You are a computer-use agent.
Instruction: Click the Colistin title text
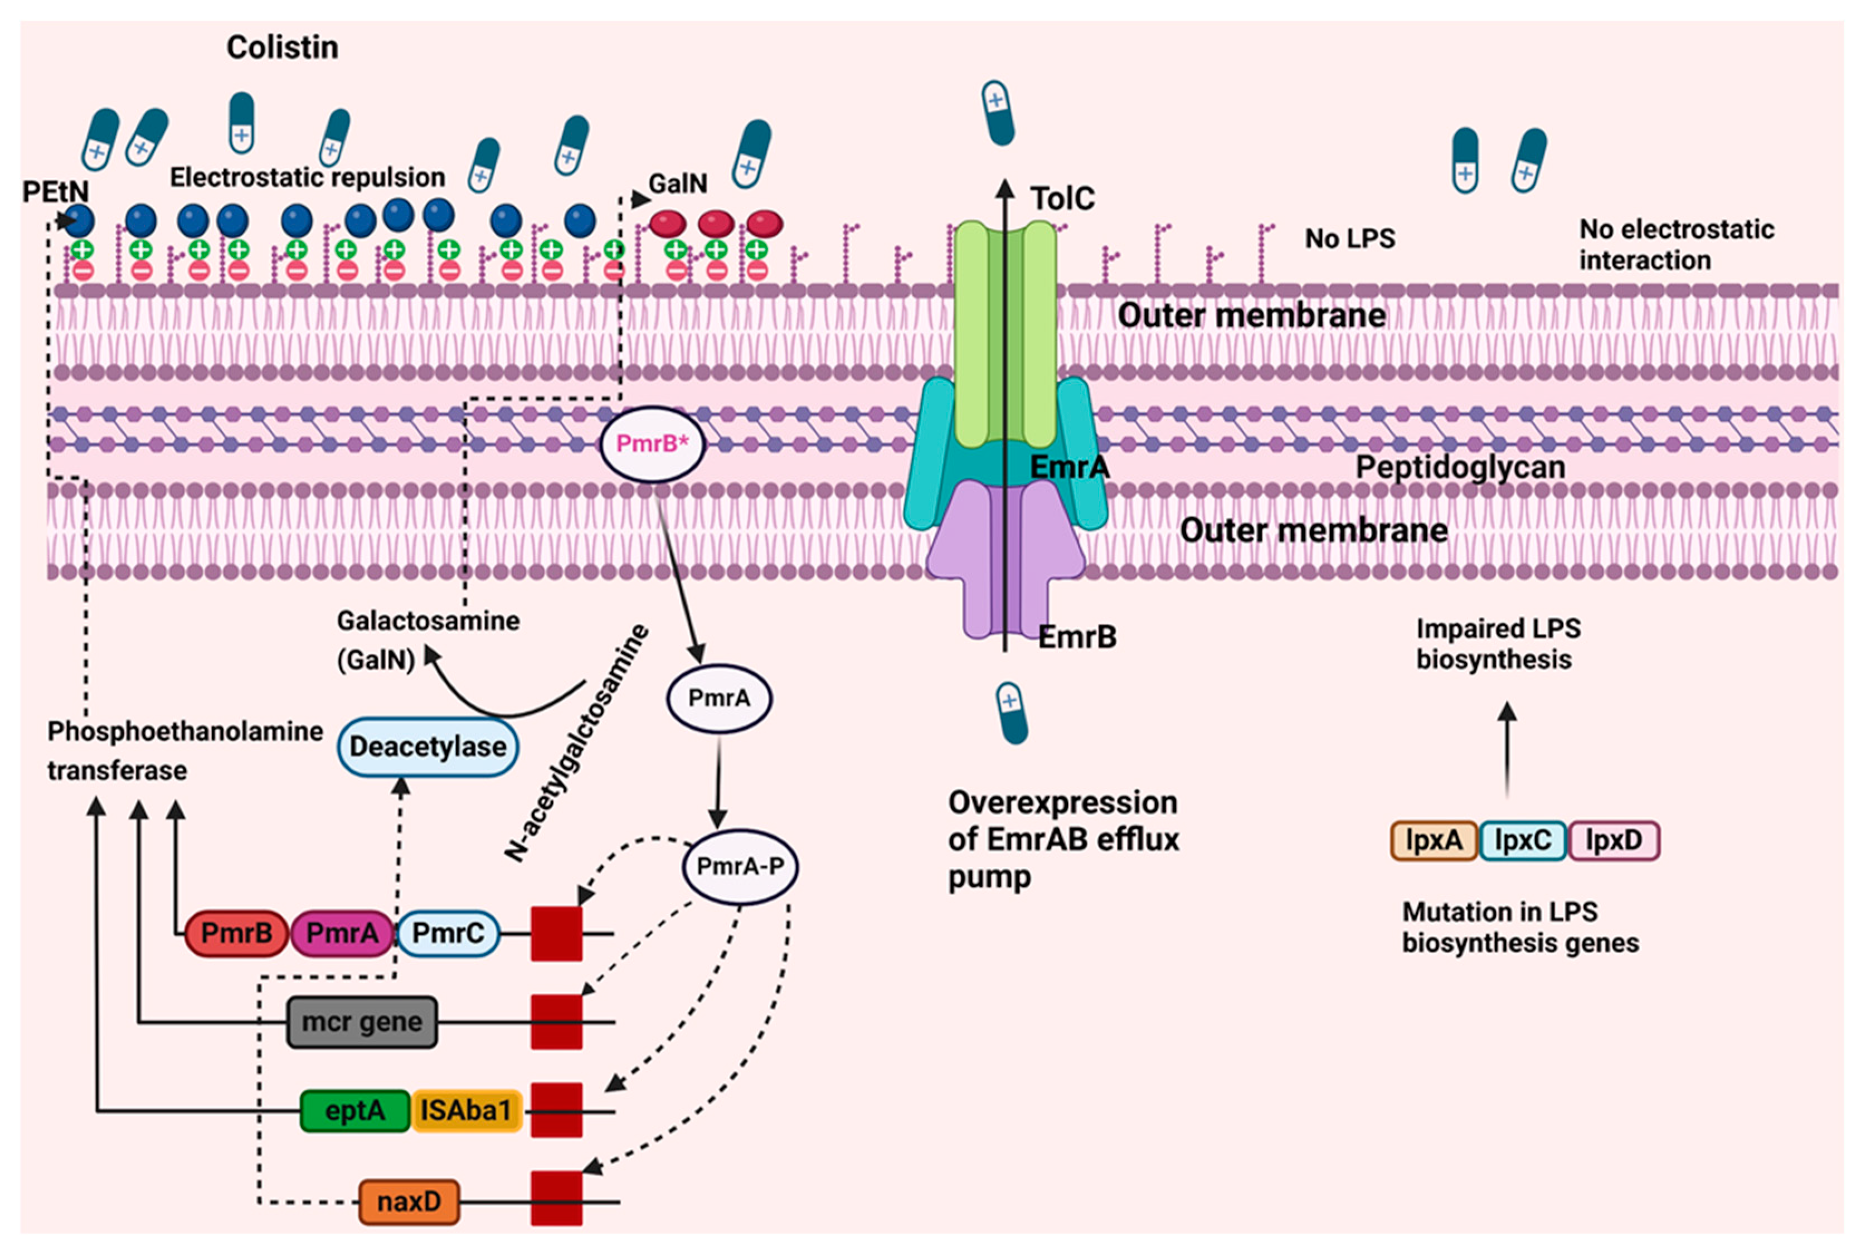pos(282,48)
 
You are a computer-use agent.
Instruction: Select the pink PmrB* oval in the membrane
pos(652,444)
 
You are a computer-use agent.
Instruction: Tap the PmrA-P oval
pos(740,866)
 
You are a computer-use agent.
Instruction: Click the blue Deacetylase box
pos(428,746)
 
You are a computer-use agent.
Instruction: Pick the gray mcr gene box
pos(362,1022)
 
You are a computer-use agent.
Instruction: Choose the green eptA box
pos(355,1110)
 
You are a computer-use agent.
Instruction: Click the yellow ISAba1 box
pos(467,1110)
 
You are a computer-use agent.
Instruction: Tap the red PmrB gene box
pos(236,933)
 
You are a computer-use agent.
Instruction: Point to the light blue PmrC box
pos(448,933)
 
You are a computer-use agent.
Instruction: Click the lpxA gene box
pos(1434,841)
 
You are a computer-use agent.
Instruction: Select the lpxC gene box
pos(1523,841)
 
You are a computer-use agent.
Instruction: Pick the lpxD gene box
pos(1614,841)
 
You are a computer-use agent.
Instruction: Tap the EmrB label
pos(1077,637)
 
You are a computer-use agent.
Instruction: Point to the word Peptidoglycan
pos(1460,467)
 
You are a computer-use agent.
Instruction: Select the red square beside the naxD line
pos(556,1198)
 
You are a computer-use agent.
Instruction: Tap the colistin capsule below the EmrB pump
pos(1012,713)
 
